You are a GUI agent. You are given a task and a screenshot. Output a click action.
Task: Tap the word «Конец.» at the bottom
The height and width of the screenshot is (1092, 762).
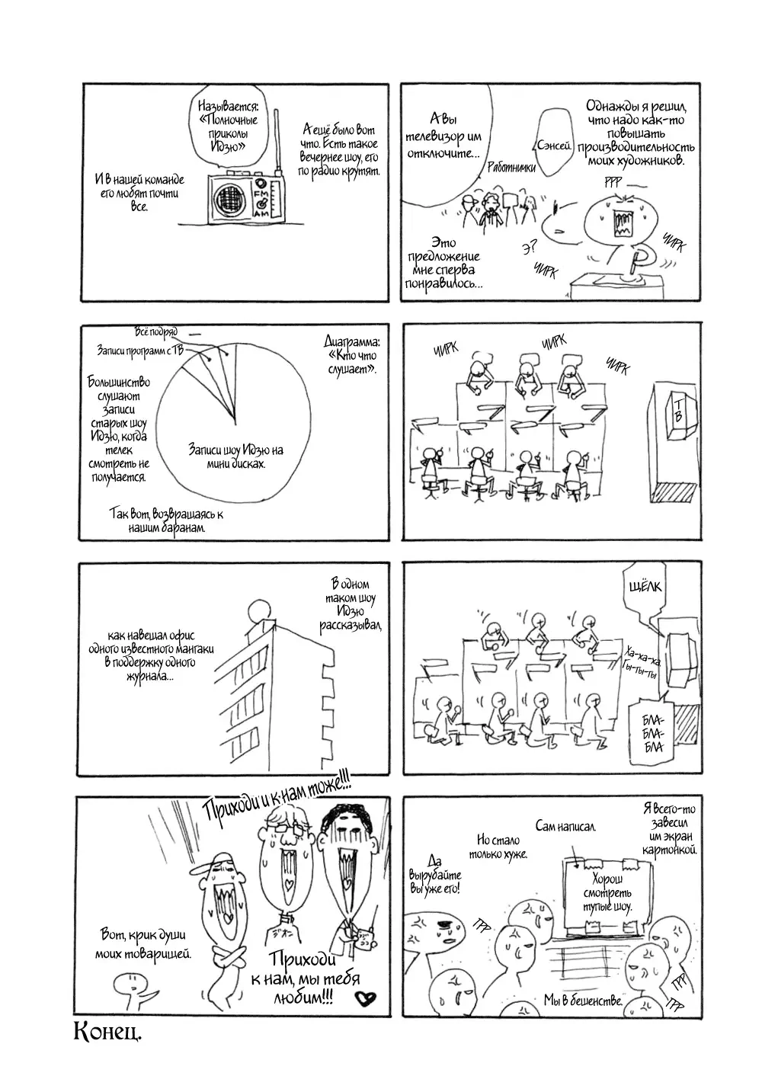(x=108, y=1033)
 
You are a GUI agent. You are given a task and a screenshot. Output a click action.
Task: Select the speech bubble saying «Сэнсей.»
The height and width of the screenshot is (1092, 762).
(x=554, y=143)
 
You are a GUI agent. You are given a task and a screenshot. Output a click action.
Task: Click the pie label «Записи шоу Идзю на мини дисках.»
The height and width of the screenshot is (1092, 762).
(x=235, y=456)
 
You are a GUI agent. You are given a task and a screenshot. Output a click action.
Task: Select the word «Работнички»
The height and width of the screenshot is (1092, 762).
(x=514, y=173)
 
